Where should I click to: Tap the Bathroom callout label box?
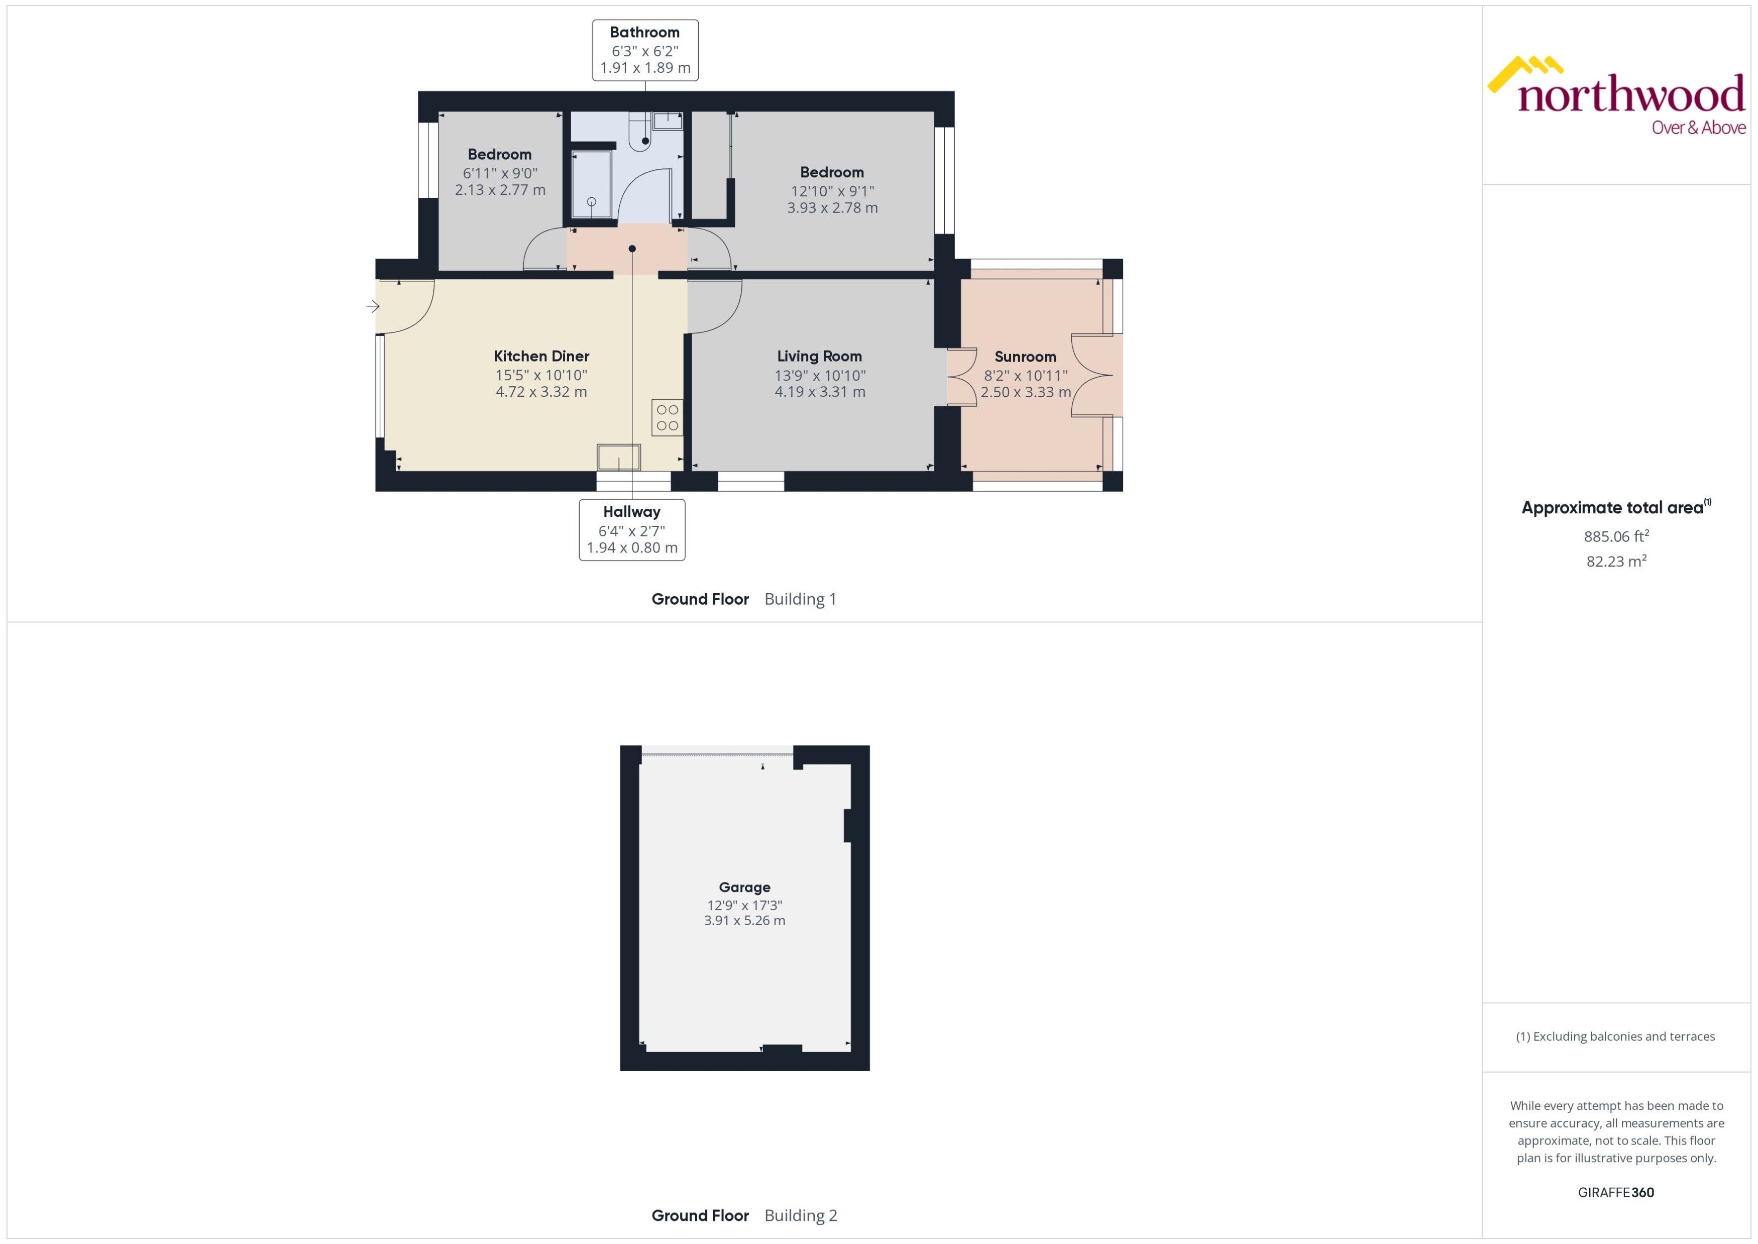click(644, 50)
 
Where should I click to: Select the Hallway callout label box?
click(631, 529)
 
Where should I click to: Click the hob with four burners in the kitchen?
click(667, 417)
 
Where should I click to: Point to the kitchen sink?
click(618, 458)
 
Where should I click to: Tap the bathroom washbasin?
click(667, 121)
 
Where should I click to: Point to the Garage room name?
click(744, 887)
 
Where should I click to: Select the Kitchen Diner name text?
click(541, 356)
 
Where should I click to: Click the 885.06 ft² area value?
click(1616, 536)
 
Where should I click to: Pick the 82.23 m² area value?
click(1616, 560)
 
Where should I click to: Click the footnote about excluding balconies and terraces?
click(1615, 1037)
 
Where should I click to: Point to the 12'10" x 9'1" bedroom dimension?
click(832, 191)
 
